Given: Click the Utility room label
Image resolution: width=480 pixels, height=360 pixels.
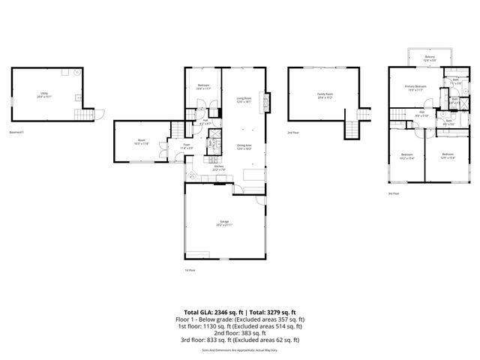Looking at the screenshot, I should [x=46, y=94].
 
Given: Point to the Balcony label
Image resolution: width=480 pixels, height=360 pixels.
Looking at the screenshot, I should [x=430, y=57].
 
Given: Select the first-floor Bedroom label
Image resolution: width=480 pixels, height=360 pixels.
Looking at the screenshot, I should [x=202, y=86].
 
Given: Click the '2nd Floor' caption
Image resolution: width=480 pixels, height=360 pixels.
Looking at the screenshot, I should [x=292, y=131].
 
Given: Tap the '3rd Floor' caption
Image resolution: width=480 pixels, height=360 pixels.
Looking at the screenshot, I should [x=394, y=193].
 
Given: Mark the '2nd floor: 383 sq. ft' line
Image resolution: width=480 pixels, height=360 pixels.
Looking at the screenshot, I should [x=239, y=333].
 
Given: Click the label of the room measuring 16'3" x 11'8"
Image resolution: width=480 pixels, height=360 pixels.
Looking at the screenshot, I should [x=141, y=141].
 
